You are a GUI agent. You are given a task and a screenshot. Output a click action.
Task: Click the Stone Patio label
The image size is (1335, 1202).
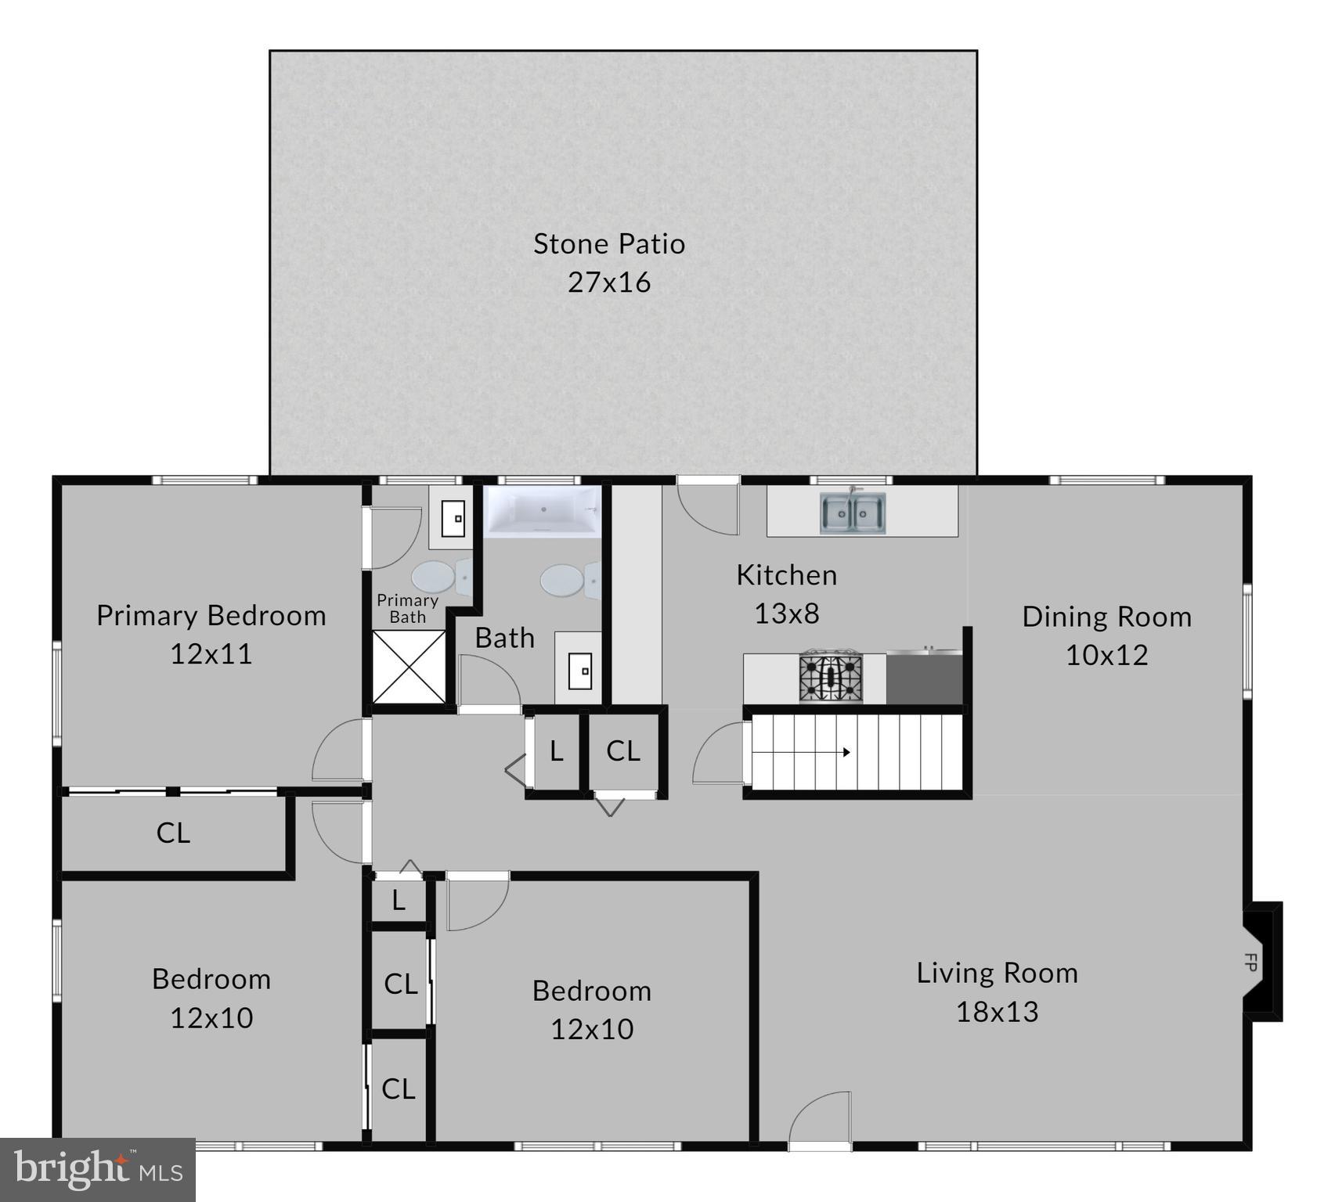click(609, 244)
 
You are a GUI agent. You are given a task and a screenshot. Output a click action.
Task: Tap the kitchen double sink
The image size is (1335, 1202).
click(853, 513)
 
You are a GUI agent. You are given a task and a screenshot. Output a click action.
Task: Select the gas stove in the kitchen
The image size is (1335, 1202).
click(831, 678)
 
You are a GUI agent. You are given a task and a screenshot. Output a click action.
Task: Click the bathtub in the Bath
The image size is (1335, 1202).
click(542, 511)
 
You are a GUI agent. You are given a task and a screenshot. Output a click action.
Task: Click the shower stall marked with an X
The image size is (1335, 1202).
click(409, 667)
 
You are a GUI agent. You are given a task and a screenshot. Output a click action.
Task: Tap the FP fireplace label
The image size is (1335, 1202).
click(1250, 963)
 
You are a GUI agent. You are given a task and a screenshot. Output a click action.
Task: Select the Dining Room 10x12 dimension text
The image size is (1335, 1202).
click(1106, 655)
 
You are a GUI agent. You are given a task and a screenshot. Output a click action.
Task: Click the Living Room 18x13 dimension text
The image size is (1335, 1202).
click(997, 1012)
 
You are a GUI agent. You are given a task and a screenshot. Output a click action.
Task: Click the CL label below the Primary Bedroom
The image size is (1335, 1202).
click(173, 833)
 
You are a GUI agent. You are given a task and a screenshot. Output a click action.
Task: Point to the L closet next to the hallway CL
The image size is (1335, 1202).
click(556, 751)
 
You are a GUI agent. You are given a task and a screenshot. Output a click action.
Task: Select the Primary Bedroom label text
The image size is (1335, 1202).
click(211, 616)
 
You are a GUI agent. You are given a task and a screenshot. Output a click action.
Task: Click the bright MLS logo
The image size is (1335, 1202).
click(98, 1170)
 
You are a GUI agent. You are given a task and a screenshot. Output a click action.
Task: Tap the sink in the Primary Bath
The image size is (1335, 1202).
click(453, 519)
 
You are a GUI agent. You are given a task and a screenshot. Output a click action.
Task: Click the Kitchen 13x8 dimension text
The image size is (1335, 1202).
click(786, 614)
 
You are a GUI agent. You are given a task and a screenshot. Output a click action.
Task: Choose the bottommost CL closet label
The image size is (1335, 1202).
click(398, 1089)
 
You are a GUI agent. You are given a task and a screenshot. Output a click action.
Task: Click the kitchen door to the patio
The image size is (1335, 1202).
click(709, 509)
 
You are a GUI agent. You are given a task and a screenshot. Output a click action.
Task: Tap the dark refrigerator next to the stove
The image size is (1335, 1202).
click(924, 678)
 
